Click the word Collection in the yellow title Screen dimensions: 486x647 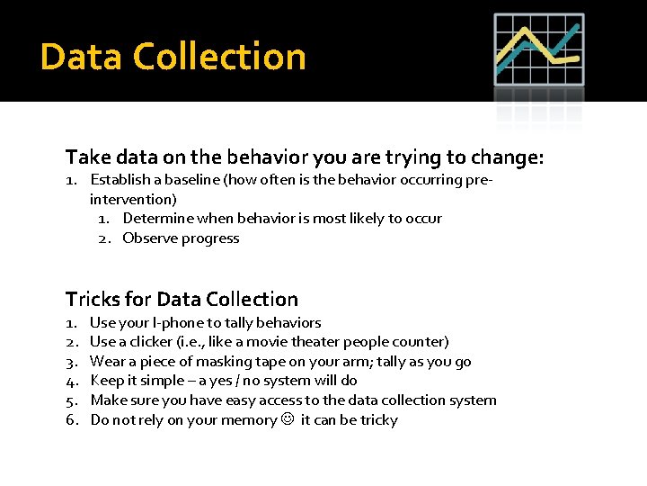(x=219, y=57)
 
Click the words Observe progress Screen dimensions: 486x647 (x=181, y=238)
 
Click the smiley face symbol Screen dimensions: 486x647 (x=288, y=419)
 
